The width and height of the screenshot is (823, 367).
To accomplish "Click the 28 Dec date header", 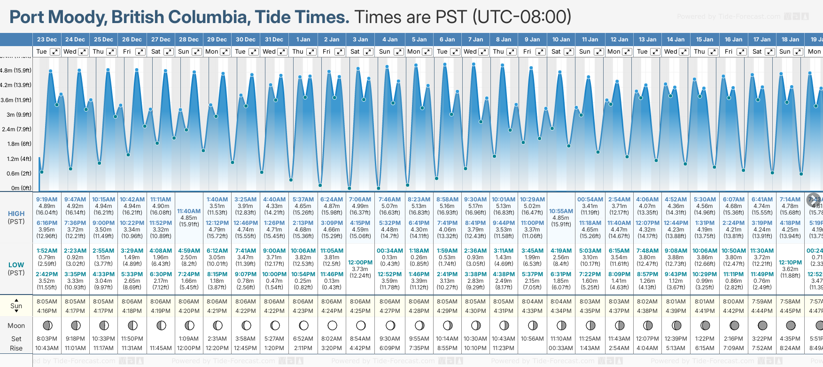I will coord(189,40).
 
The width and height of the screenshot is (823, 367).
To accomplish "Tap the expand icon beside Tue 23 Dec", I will coord(54,52).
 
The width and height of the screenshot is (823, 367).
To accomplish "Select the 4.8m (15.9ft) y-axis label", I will coord(16,71).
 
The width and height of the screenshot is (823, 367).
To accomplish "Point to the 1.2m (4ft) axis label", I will coord(16,159).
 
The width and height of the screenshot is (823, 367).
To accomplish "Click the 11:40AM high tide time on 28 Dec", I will coord(189,211).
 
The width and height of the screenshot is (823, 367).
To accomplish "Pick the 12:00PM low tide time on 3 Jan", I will coord(360,263).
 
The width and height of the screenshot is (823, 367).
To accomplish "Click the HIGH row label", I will coord(16,214).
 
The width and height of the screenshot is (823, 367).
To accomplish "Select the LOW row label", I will coord(16,265).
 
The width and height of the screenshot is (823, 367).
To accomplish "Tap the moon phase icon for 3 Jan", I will coord(361,325).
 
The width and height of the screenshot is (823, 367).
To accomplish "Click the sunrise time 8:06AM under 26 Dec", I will coord(132,302).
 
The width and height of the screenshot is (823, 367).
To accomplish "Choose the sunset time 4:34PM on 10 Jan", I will coord(561,311).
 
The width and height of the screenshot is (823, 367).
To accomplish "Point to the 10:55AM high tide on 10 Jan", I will coord(561,211).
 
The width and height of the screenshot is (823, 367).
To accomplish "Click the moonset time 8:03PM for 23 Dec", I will coord(47,339).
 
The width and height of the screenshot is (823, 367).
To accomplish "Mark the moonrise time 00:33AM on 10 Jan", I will coord(561,348).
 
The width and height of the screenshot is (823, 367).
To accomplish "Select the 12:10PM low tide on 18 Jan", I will coord(790,263).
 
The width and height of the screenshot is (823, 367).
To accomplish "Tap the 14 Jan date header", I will coord(676,40).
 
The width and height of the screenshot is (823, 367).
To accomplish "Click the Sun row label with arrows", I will coord(16,305).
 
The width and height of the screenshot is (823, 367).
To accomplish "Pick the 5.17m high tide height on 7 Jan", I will coord(475,206).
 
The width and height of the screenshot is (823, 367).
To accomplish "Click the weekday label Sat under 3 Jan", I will coord(355,52).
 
